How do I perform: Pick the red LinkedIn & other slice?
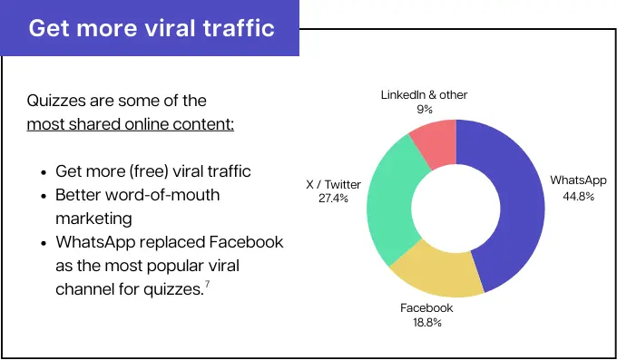(434, 142)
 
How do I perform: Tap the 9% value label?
(425, 110)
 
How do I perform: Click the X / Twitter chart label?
(333, 185)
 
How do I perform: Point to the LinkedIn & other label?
(425, 95)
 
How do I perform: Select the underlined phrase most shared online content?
(130, 123)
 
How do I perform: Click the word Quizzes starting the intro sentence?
(57, 100)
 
